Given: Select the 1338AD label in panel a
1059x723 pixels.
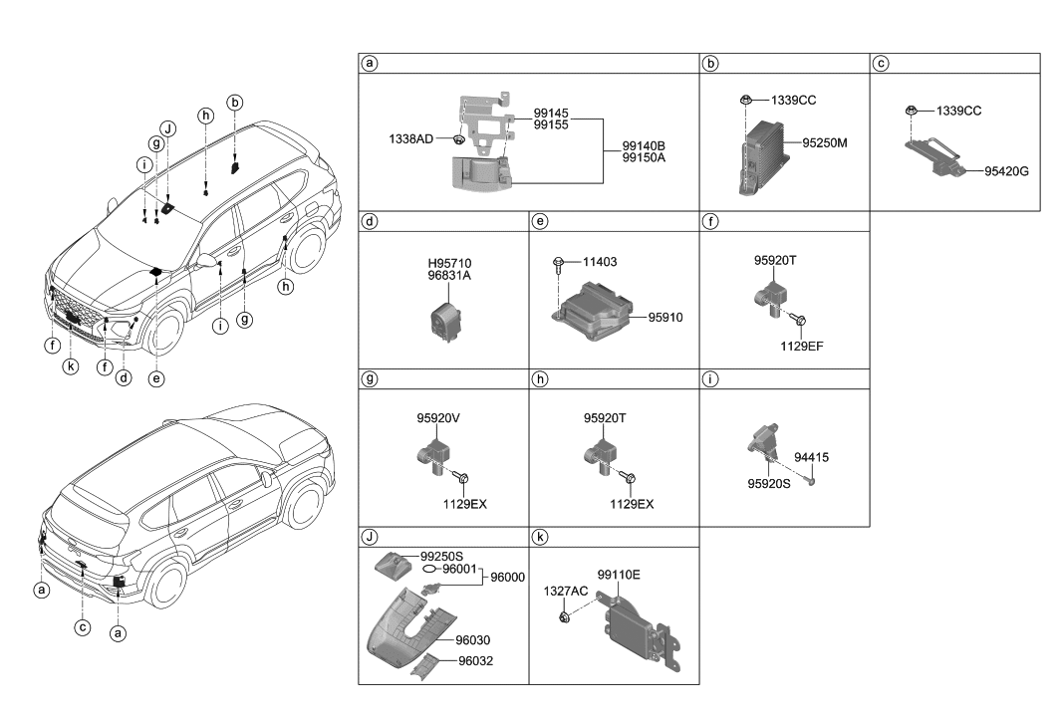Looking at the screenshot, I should (x=410, y=138).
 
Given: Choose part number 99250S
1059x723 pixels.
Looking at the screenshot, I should (x=441, y=557).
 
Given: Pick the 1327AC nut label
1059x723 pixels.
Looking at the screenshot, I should (x=565, y=591).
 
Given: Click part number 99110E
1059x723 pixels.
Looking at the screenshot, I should (x=619, y=575).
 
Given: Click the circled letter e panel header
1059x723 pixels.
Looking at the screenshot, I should (x=539, y=221).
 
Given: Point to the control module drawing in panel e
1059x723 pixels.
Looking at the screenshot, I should (x=594, y=311).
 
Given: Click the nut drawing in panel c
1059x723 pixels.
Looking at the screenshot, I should (x=913, y=111).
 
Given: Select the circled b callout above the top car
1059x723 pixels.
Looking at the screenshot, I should (x=235, y=102).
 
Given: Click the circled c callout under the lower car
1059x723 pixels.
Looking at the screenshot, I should (x=83, y=627).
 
